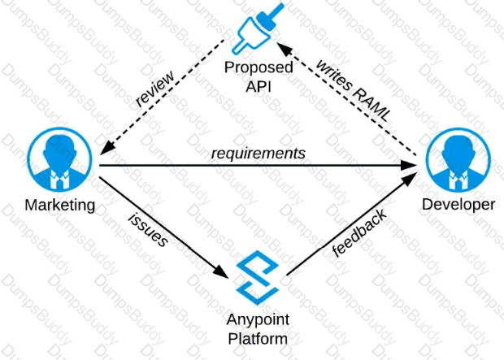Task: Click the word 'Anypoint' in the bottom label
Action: (x=258, y=319)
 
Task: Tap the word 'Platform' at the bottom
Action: (x=258, y=336)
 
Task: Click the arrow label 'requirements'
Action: (x=259, y=153)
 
